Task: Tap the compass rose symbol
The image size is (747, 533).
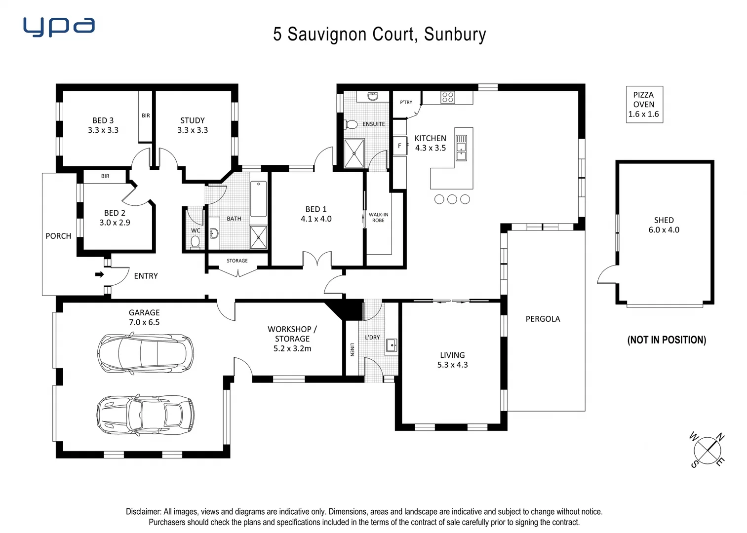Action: (708, 450)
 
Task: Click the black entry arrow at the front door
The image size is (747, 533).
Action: (100, 274)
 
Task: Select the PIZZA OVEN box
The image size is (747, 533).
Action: (644, 105)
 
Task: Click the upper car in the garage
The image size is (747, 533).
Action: (146, 353)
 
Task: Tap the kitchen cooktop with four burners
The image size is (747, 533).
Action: (448, 97)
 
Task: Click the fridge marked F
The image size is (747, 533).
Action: (399, 146)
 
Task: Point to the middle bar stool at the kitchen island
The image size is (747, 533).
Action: (452, 199)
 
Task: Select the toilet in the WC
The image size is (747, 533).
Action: (195, 242)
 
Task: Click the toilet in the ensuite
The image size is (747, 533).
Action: (351, 124)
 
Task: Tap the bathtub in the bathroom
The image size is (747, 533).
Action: (258, 199)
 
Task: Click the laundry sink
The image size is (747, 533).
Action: (391, 345)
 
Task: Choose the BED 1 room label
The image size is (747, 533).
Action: (316, 209)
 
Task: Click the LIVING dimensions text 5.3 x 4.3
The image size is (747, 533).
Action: (452, 365)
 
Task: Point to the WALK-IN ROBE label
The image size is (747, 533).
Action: (379, 218)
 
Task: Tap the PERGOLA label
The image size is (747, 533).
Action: (543, 319)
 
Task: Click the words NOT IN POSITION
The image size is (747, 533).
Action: (667, 340)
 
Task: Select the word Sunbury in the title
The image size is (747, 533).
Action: (455, 34)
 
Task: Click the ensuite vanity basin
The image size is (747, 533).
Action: (373, 96)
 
